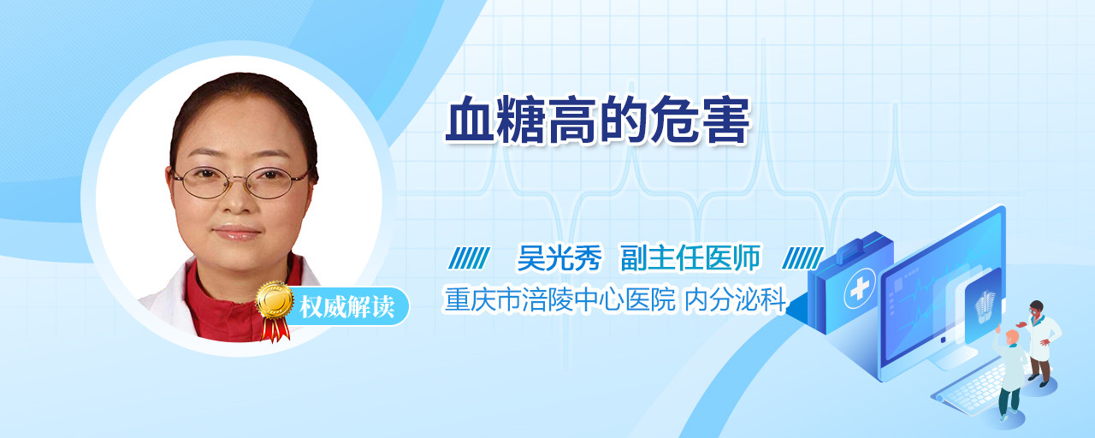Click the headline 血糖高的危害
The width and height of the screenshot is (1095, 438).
point(597,120)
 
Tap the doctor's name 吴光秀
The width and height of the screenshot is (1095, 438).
point(559,257)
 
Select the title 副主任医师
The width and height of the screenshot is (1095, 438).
point(690,257)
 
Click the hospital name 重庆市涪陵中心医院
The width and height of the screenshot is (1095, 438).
point(559,299)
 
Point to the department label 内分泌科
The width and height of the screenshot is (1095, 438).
point(735,299)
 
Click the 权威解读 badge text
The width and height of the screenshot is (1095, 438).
point(347,307)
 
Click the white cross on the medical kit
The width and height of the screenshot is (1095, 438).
point(859,289)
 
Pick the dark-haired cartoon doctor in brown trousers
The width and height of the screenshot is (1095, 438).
point(1041,343)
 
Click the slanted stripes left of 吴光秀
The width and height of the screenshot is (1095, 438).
point(470,258)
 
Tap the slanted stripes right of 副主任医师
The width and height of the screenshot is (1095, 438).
point(802,258)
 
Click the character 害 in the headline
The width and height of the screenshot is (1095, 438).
point(725,120)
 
